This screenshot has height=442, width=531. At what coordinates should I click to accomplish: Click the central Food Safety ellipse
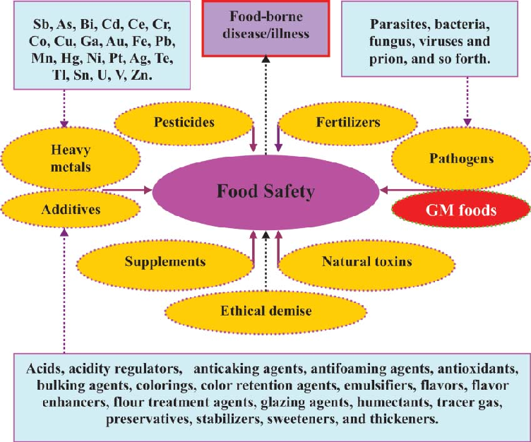point(265,191)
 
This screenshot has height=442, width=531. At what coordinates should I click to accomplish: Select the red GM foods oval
point(460,210)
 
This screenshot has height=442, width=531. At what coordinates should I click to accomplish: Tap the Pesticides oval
point(184,122)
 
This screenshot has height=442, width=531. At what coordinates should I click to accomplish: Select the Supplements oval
point(165,261)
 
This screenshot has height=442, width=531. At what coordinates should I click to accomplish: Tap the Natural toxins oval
point(366,261)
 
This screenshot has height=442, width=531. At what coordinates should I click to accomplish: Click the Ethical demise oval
point(265,309)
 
